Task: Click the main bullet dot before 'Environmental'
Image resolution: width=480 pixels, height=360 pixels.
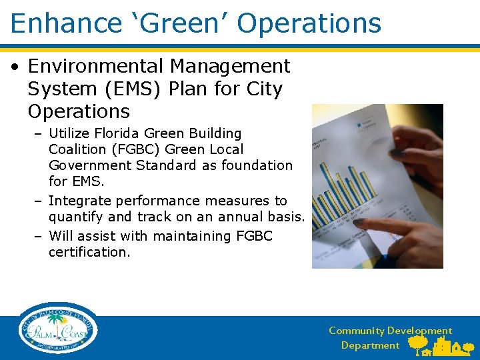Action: [x=15, y=67]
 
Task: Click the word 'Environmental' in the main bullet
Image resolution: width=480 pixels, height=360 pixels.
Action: [x=96, y=67]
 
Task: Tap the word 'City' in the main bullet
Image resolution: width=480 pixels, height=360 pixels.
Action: [x=263, y=89]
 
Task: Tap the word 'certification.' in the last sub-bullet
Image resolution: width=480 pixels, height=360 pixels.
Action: [x=89, y=252]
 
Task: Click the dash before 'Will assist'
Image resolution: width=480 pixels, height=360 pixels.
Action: [x=39, y=236]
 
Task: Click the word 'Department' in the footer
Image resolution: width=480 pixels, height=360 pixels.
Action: [x=370, y=345]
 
